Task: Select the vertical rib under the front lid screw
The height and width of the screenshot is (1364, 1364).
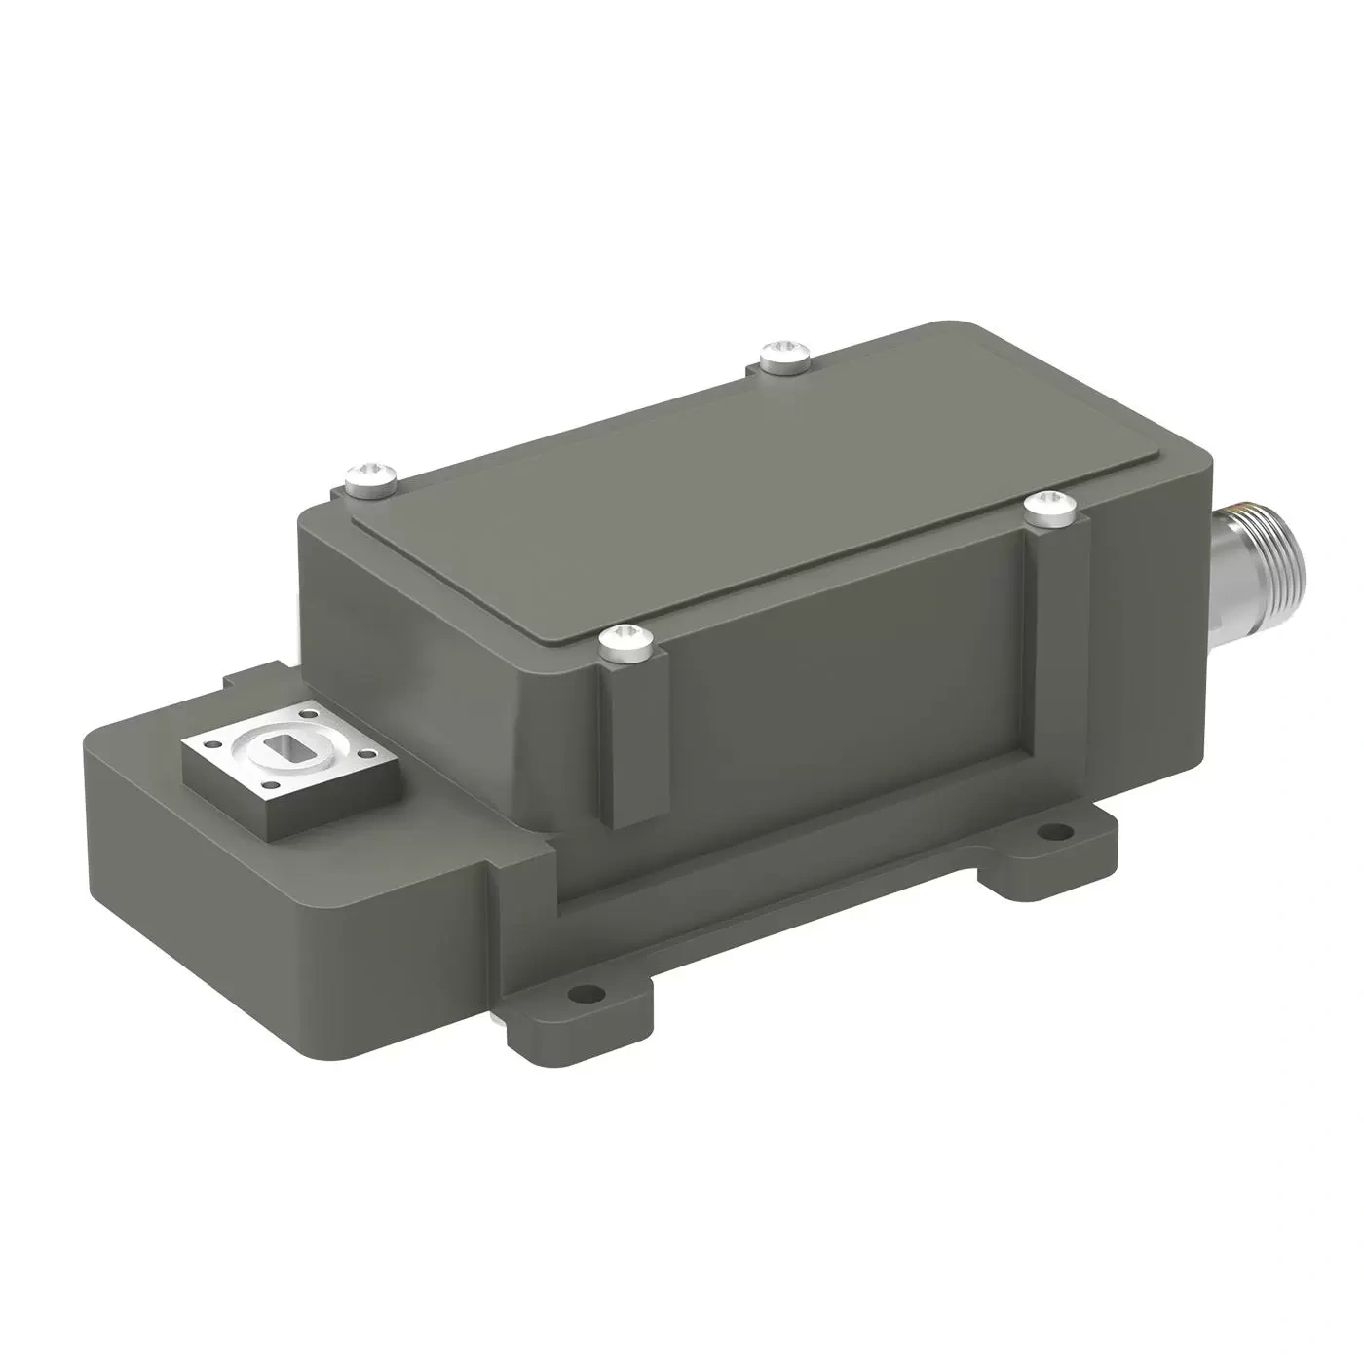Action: click(628, 750)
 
